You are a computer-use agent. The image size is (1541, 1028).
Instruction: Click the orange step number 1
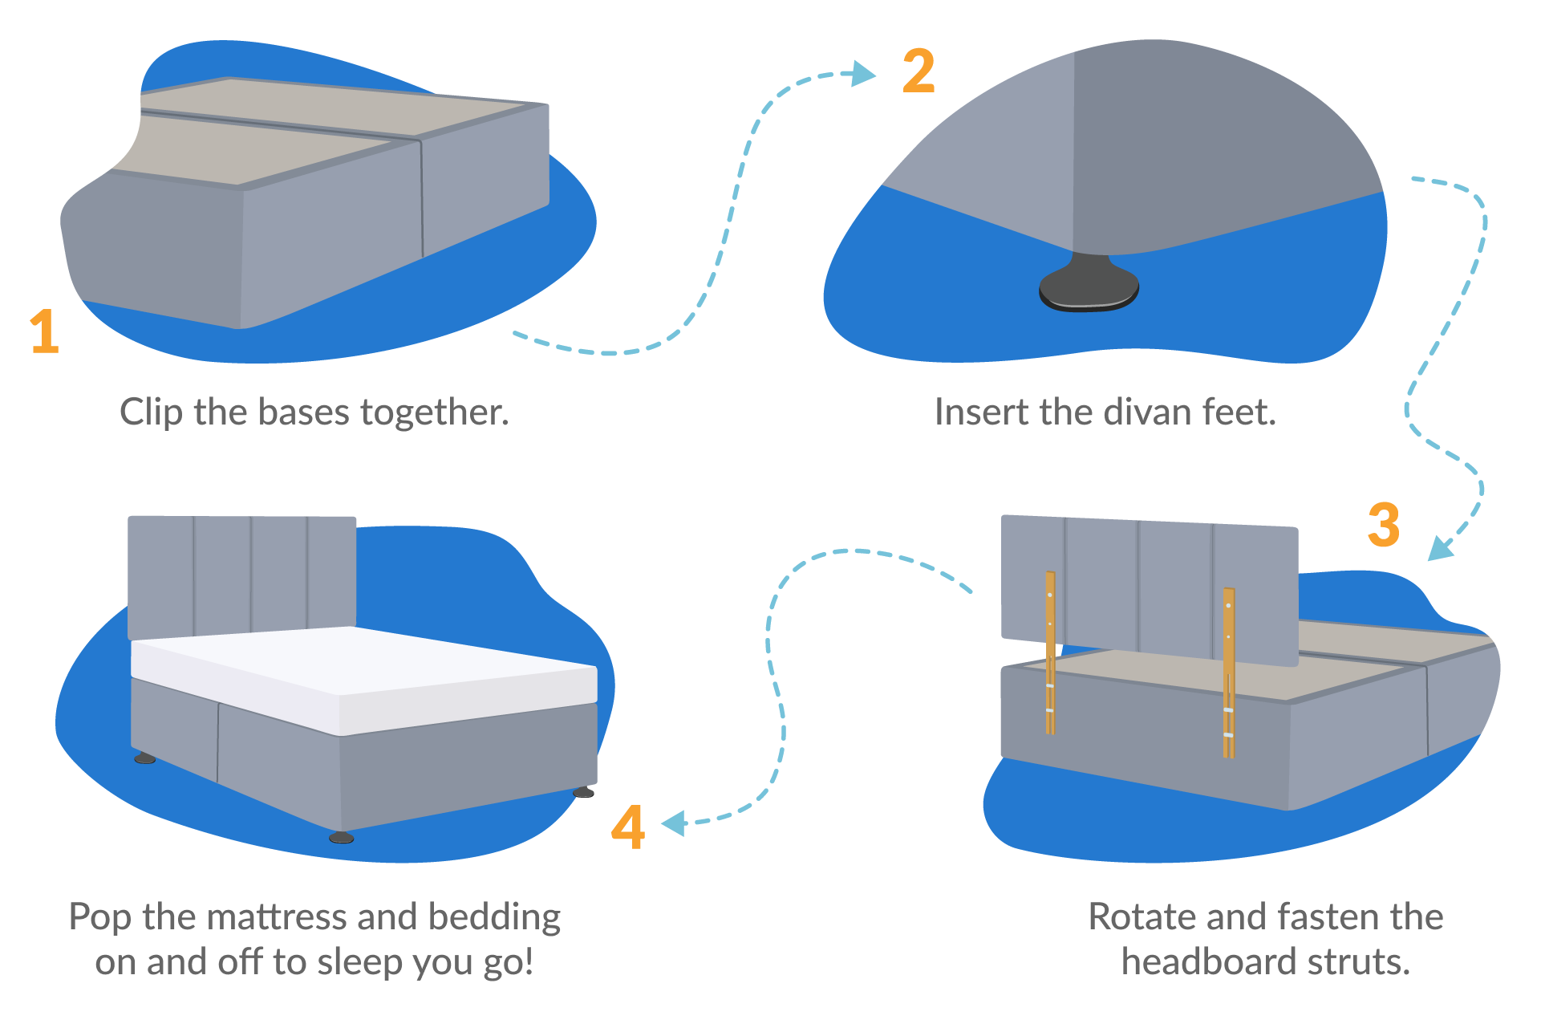[x=45, y=331]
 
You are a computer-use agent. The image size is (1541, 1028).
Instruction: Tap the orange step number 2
[x=919, y=71]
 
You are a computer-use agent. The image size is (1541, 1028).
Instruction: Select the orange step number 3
[x=1384, y=525]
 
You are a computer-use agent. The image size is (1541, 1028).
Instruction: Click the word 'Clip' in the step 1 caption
[x=151, y=412]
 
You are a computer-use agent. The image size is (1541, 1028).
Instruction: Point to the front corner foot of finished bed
[x=341, y=837]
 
